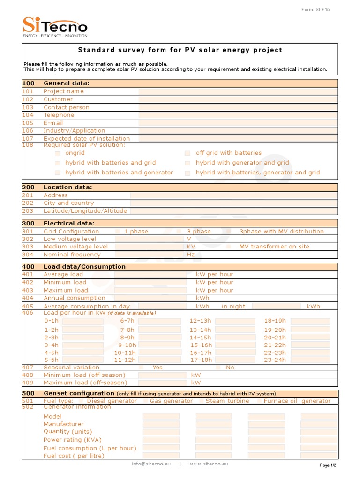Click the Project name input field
[238, 91]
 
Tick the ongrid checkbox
[58, 153]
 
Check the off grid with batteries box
[187, 153]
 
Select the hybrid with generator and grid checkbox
[187, 163]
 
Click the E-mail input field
[238, 123]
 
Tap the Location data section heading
[68, 187]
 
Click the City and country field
[233, 203]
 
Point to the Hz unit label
[191, 255]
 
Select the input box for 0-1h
[82, 321]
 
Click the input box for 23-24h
[310, 360]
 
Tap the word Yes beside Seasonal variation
[157, 367]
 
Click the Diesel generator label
[112, 401]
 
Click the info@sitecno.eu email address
[151, 464]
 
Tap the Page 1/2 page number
[328, 465]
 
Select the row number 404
[28, 298]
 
